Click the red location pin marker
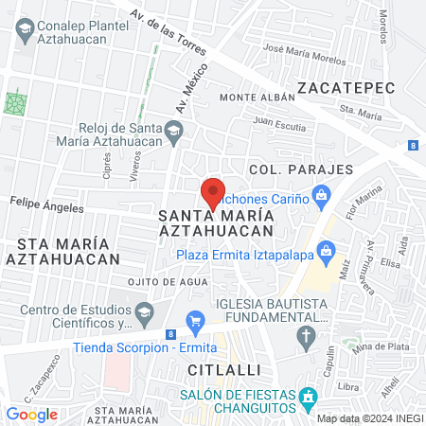click(x=213, y=192)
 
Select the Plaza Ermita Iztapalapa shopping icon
click(x=326, y=252)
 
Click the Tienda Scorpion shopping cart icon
click(x=196, y=321)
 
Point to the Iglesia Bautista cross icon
click(x=307, y=336)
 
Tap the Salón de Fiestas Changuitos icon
click(x=307, y=398)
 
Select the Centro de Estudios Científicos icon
click(x=144, y=311)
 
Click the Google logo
click(x=31, y=414)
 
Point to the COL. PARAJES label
click(x=301, y=169)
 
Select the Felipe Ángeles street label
click(x=47, y=203)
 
